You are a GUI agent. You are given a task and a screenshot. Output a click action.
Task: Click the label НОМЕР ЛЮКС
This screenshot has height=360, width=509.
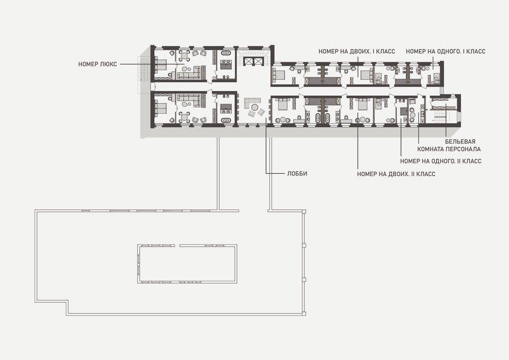coord(97,65)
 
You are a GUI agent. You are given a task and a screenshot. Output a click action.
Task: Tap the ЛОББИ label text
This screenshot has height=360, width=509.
coord(297,174)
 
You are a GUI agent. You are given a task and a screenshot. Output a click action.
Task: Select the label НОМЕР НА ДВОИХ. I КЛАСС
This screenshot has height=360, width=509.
coord(356,52)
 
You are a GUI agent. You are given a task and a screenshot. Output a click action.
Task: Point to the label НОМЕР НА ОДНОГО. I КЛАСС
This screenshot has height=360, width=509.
coord(446,52)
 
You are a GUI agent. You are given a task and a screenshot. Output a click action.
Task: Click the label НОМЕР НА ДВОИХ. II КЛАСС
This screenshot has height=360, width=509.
coord(396,174)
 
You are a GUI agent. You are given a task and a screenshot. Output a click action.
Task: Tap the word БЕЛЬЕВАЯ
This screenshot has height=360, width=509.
coord(460,142)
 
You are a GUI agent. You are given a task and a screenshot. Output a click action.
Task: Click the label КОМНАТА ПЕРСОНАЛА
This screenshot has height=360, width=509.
coord(448,149)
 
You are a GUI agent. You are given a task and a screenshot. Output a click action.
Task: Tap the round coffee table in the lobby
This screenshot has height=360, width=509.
coord(255,107)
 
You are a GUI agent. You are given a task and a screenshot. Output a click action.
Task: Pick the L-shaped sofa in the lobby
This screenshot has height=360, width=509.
coord(251,102)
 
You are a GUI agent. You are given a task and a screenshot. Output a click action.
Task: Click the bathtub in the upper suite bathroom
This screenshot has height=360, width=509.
coord(226,53)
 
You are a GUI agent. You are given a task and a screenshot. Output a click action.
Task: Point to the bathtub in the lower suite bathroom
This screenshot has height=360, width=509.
coord(226,120)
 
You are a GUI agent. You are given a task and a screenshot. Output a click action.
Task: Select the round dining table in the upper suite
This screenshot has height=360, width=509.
coord(184,55)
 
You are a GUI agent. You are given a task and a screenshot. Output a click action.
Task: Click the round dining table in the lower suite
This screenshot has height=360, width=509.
coord(184,117)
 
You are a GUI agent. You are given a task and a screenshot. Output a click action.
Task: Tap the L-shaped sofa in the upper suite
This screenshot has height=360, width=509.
coord(189,73)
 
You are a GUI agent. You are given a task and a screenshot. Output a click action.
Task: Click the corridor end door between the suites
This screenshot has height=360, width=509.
coord(154,86)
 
